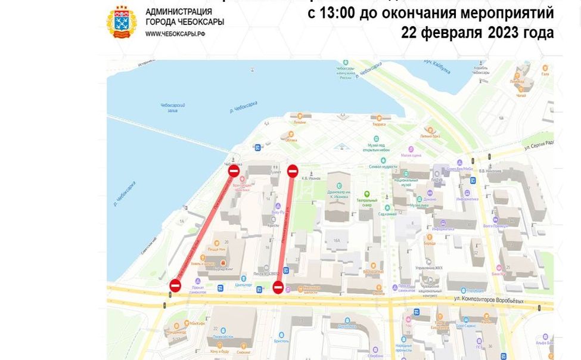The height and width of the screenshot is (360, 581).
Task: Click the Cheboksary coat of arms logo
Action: (122, 22)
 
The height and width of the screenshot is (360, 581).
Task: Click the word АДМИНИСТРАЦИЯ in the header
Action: (178, 11)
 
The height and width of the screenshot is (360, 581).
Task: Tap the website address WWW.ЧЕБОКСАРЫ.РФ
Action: (175, 34)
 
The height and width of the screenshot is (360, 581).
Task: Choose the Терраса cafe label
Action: (379, 124)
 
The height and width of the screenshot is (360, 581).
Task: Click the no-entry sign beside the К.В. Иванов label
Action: (293, 171)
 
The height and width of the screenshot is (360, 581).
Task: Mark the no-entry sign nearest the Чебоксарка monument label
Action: (234, 172)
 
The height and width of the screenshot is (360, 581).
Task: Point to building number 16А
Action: (337, 240)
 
